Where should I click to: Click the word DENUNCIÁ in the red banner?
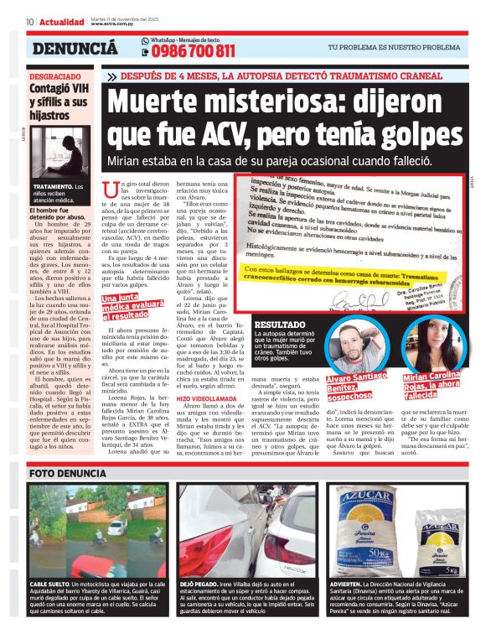point(75,49)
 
